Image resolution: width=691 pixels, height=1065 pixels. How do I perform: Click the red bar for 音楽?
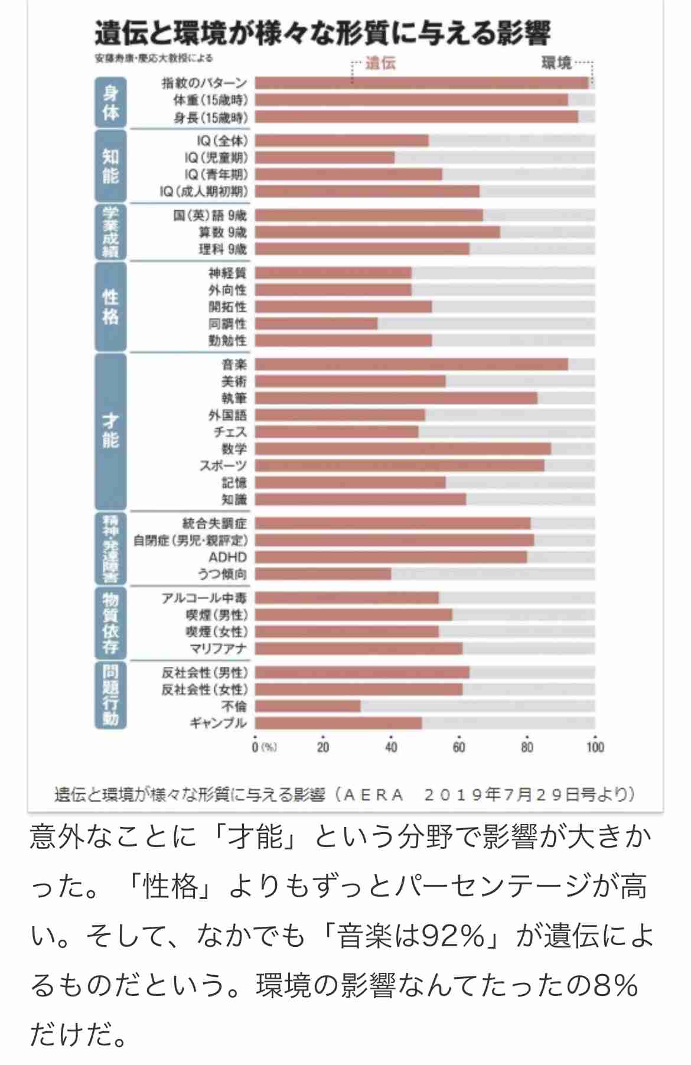point(411,364)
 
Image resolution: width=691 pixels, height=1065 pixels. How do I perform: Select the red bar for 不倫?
point(308,706)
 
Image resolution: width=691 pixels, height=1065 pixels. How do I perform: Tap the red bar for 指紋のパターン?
point(422,83)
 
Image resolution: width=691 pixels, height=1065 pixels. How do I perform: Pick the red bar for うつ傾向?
point(323,574)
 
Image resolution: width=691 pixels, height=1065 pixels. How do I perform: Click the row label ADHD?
point(227,557)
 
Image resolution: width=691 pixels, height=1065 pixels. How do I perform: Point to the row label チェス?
point(230,432)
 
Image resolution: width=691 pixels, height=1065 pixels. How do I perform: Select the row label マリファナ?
point(218,649)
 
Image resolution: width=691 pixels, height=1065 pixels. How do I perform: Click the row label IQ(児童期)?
point(216,158)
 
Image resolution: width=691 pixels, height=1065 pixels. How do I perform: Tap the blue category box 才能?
point(110,431)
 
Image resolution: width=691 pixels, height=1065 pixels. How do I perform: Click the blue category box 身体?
point(110,102)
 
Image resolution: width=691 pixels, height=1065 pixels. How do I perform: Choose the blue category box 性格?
point(110,307)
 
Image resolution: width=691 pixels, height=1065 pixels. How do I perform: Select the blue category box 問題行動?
point(110,695)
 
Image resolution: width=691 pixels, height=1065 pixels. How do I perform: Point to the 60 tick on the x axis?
point(459,747)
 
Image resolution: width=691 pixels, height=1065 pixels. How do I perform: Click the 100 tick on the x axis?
point(595,747)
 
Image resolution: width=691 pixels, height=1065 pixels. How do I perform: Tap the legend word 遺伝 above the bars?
point(380,63)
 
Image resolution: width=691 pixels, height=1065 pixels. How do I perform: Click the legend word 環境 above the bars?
point(556,63)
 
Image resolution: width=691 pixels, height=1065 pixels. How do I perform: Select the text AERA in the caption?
point(373,794)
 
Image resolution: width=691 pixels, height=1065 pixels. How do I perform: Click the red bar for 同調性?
point(317,324)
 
